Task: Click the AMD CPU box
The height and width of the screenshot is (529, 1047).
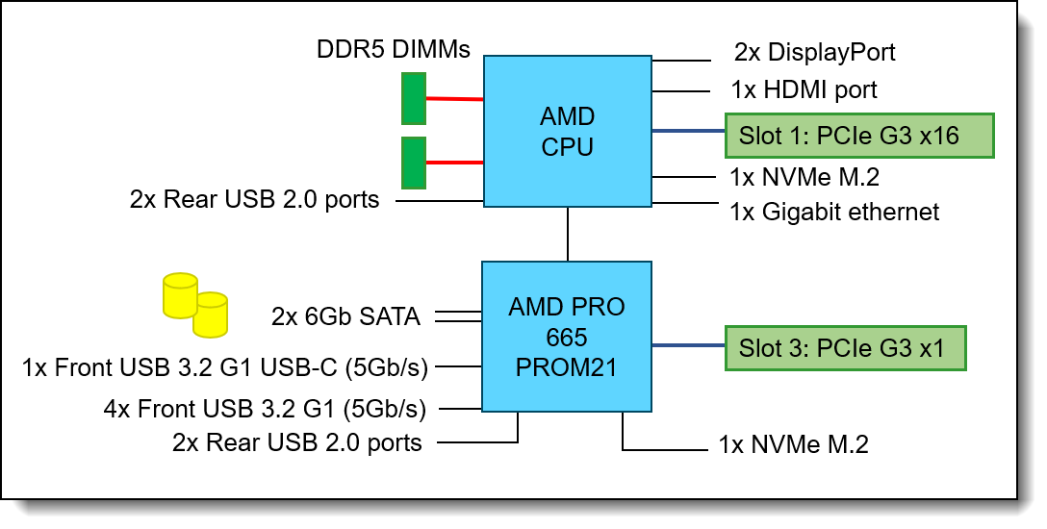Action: [568, 132]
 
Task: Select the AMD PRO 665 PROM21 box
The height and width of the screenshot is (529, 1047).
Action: [567, 337]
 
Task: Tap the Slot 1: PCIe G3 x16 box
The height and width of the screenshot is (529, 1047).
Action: [860, 136]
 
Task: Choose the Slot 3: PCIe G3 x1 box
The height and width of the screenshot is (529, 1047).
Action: [846, 348]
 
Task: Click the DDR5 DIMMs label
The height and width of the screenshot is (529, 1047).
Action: [394, 49]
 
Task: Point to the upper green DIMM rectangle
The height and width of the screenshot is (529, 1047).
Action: [414, 99]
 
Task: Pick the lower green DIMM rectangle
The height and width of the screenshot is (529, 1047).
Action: [414, 163]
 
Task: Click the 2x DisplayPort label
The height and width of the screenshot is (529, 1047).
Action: [815, 52]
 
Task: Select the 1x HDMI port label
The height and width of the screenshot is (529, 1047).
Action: [804, 90]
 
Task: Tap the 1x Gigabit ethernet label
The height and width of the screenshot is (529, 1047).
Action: [834, 213]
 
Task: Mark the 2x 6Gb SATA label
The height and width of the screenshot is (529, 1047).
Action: [345, 316]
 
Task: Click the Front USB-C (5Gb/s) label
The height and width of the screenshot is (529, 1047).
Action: [225, 367]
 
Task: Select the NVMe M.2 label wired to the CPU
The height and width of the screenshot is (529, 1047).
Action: [804, 177]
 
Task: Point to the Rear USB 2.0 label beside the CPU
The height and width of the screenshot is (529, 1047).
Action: [254, 199]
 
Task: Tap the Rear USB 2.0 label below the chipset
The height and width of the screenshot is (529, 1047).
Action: [297, 442]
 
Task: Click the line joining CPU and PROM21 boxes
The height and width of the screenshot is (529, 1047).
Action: [568, 234]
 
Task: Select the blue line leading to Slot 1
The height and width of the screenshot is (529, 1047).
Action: [688, 131]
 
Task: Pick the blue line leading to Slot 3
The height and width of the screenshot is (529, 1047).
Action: [688, 345]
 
